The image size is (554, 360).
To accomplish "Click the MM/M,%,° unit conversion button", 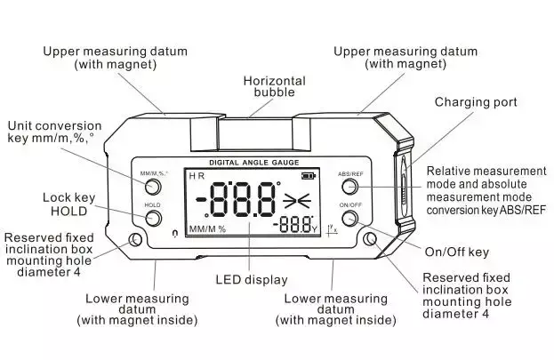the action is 153,186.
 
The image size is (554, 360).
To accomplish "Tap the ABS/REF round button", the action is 349,186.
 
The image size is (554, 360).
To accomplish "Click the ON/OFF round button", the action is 349,218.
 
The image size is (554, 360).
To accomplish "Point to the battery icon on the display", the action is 309,175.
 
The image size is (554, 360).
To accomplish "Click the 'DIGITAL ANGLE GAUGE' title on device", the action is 254,163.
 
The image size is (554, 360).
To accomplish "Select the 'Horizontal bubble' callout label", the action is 274,86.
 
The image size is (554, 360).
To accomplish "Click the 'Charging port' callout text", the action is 476,102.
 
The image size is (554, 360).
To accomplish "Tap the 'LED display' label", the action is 252,280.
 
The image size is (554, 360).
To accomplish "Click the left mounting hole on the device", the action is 135,240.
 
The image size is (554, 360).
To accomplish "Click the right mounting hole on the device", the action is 370,239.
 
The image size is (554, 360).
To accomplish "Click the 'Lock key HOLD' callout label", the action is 68,204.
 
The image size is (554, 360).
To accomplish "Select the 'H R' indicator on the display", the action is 197,176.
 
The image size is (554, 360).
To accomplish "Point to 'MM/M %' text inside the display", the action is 207,229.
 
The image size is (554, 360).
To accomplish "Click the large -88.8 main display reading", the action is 238,200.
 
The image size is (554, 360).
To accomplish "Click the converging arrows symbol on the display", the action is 297,201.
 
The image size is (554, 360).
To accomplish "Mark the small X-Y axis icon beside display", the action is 333,228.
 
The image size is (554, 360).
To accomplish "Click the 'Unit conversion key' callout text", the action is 55,132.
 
